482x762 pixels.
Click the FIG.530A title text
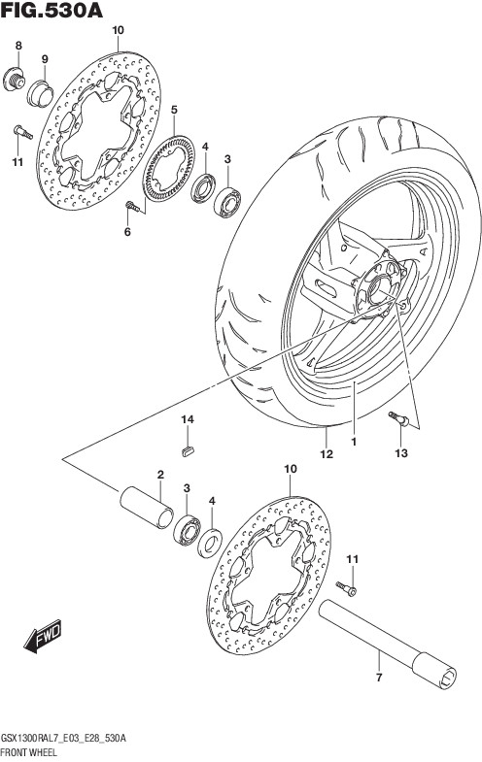(52, 11)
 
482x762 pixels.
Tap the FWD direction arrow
(43, 635)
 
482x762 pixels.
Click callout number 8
(18, 46)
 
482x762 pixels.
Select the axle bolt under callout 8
(14, 80)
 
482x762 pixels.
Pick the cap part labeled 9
(40, 93)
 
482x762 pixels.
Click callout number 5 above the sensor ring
(174, 110)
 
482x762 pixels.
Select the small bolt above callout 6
(133, 207)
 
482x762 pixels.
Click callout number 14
(188, 419)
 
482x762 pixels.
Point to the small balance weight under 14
(187, 451)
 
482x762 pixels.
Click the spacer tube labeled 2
(147, 508)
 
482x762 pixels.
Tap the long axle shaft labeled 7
(388, 645)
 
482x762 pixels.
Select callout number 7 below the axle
(380, 677)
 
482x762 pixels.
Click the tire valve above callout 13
(398, 419)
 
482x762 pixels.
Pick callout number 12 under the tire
(327, 454)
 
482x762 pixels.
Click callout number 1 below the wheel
(354, 442)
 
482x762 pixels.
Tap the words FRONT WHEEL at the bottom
(29, 752)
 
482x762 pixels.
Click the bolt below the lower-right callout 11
(346, 588)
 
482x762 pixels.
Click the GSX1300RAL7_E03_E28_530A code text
(64, 739)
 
